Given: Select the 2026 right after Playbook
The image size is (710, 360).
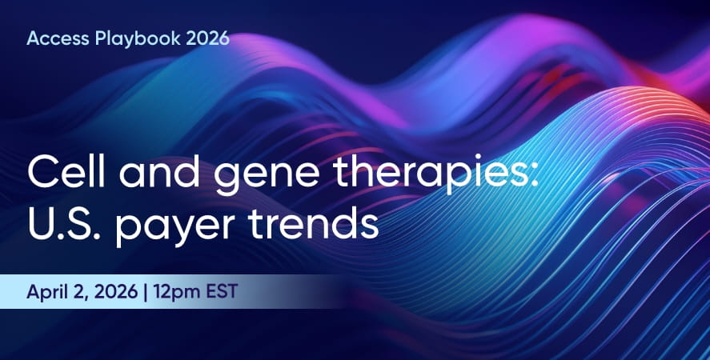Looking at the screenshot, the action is (x=207, y=38).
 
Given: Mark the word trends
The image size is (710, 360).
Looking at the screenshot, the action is (x=313, y=224).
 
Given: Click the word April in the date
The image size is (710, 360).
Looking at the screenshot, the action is (x=45, y=292).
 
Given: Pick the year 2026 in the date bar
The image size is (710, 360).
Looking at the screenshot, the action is (x=116, y=291).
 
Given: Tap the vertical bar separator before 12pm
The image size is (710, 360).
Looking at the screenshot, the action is (x=146, y=292).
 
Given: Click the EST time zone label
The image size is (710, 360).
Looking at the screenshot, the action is (x=222, y=291).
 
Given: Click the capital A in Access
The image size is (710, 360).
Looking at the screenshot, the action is (x=34, y=38).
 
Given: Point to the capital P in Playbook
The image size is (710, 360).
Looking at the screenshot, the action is (x=101, y=38).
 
